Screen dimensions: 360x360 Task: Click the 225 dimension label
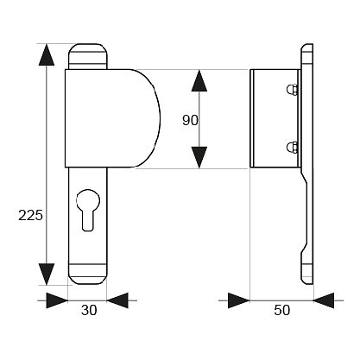point(30,215)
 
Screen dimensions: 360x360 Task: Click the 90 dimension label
point(190,120)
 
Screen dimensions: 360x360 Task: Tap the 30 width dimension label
point(89,310)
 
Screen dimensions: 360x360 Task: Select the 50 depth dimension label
point(282,310)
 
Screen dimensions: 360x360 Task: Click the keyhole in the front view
point(88,210)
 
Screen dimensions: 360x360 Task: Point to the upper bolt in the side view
point(292,90)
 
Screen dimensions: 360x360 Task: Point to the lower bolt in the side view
point(292,148)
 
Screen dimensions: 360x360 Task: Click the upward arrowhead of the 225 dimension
point(47,55)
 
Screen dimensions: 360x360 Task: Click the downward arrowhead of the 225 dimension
point(47,274)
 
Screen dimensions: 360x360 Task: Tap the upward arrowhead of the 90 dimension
point(199,80)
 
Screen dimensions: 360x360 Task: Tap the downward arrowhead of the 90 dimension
point(199,157)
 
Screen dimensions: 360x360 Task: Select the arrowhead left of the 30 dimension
point(57,300)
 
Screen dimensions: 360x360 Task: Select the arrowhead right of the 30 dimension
point(117,300)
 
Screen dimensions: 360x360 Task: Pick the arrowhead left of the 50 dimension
point(239,300)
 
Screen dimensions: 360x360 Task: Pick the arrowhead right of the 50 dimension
point(324,300)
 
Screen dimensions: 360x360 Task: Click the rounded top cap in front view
point(87,56)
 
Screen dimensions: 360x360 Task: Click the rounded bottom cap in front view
point(87,274)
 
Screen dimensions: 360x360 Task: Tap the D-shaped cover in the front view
point(112,118)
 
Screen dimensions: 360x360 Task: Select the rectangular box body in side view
point(275,118)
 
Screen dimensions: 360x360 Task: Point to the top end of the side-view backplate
point(307,45)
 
